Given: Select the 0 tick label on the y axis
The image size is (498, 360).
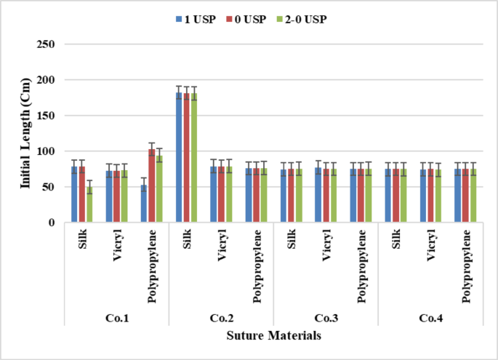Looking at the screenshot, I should pyautogui.click(x=53, y=223).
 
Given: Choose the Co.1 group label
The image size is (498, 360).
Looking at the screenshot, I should pyautogui.click(x=116, y=318).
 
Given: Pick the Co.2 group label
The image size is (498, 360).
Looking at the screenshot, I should pyautogui.click(x=221, y=318).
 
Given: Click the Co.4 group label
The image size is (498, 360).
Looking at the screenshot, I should pyautogui.click(x=430, y=318).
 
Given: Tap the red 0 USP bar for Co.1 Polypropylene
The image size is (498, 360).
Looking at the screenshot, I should pyautogui.click(x=152, y=186).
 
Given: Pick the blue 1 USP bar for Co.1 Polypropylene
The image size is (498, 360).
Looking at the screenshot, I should pyautogui.click(x=144, y=204).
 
